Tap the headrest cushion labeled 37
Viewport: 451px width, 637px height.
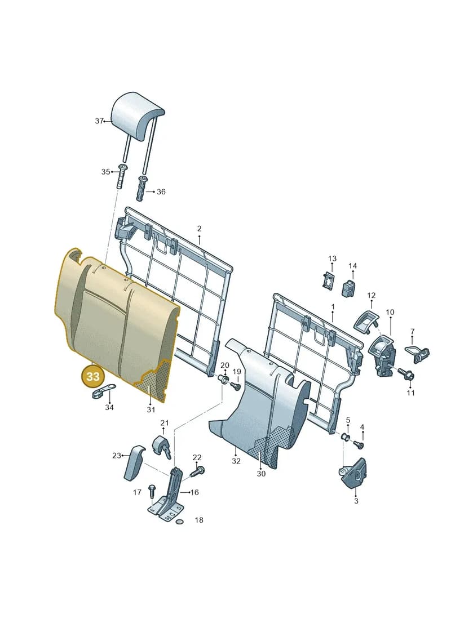[138, 117]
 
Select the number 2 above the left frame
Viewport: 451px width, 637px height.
[199, 229]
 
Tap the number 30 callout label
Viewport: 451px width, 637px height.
[261, 473]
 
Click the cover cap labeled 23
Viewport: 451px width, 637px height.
[134, 462]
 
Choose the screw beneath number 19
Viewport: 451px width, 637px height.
[236, 386]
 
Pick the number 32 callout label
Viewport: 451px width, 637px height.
[236, 461]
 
